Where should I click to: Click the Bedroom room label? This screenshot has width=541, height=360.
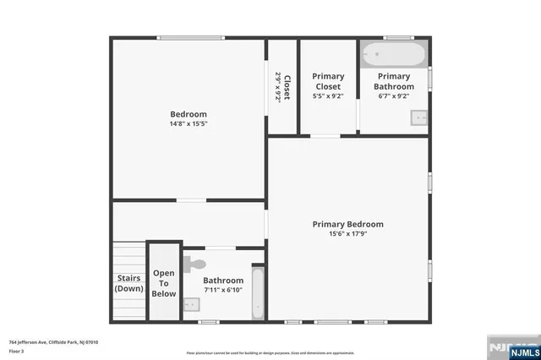tap(189, 114)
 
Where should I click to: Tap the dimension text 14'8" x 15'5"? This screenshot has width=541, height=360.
tap(189, 123)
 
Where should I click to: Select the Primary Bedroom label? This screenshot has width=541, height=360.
tap(347, 224)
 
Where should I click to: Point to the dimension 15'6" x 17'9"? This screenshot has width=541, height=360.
tap(347, 233)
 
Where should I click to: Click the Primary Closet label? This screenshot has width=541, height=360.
tap(328, 81)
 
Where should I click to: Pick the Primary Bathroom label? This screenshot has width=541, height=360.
tap(395, 81)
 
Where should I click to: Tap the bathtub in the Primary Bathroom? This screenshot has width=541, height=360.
tap(393, 56)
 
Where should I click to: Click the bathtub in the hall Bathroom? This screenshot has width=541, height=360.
tap(258, 292)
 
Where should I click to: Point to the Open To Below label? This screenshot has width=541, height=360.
tap(164, 283)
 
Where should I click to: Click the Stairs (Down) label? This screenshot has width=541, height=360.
tap(128, 283)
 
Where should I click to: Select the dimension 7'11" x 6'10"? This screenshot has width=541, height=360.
tap(223, 290)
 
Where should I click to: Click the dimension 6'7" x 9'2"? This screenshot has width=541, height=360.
tap(395, 96)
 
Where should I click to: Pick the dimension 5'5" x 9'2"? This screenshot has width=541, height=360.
tap(328, 96)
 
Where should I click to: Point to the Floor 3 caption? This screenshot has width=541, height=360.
tap(15, 350)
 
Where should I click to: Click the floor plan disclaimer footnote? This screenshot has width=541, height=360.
tap(270, 352)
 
